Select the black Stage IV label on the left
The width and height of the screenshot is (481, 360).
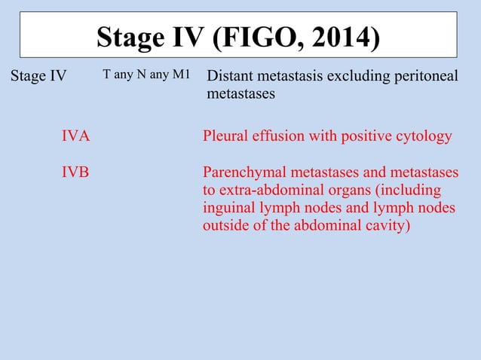(x=38, y=76)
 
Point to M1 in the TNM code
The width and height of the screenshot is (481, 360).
(x=180, y=75)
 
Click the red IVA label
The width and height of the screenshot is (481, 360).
(x=75, y=136)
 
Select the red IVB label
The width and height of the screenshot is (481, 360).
(x=75, y=172)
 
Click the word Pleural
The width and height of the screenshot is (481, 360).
(x=225, y=136)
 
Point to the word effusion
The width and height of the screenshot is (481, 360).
(x=278, y=136)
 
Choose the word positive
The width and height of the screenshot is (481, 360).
(x=368, y=136)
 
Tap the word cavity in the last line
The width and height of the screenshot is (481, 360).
(x=388, y=226)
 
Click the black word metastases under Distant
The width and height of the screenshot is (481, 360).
(x=240, y=95)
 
